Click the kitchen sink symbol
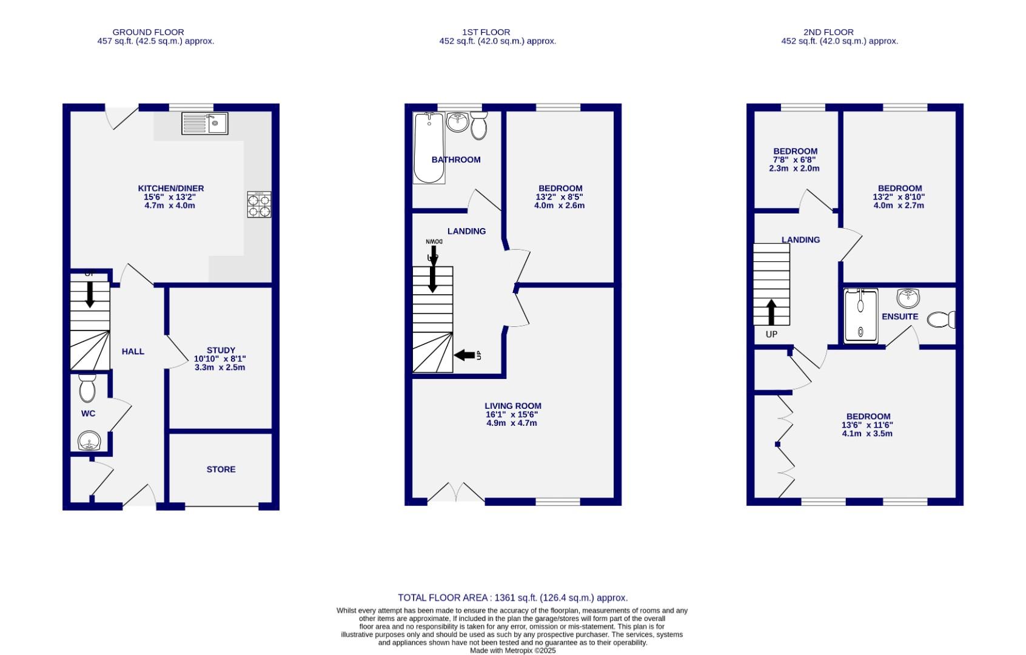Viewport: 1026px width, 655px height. (204, 124)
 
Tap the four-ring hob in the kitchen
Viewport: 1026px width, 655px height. (259, 204)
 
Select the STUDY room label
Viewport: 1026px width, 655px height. (221, 350)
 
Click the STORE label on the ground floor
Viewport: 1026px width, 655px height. (221, 469)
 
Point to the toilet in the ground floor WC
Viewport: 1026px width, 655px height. (87, 388)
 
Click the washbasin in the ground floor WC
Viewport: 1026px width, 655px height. (89, 440)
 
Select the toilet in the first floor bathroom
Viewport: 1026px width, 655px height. (479, 126)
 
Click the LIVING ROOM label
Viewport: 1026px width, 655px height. (513, 406)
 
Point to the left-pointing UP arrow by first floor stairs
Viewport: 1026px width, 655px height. (464, 355)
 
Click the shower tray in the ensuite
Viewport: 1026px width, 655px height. (860, 316)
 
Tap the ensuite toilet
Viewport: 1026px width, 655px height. (941, 320)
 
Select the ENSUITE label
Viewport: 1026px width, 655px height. (900, 316)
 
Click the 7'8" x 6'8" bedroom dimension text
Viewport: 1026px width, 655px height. (794, 160)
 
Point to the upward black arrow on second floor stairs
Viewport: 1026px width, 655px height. (771, 312)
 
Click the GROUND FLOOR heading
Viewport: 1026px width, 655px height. (148, 32)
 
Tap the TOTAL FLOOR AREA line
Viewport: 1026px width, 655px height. (512, 597)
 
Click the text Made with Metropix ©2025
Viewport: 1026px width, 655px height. (512, 650)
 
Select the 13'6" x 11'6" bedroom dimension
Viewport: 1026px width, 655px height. (867, 425)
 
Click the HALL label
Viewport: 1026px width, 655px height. (133, 351)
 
